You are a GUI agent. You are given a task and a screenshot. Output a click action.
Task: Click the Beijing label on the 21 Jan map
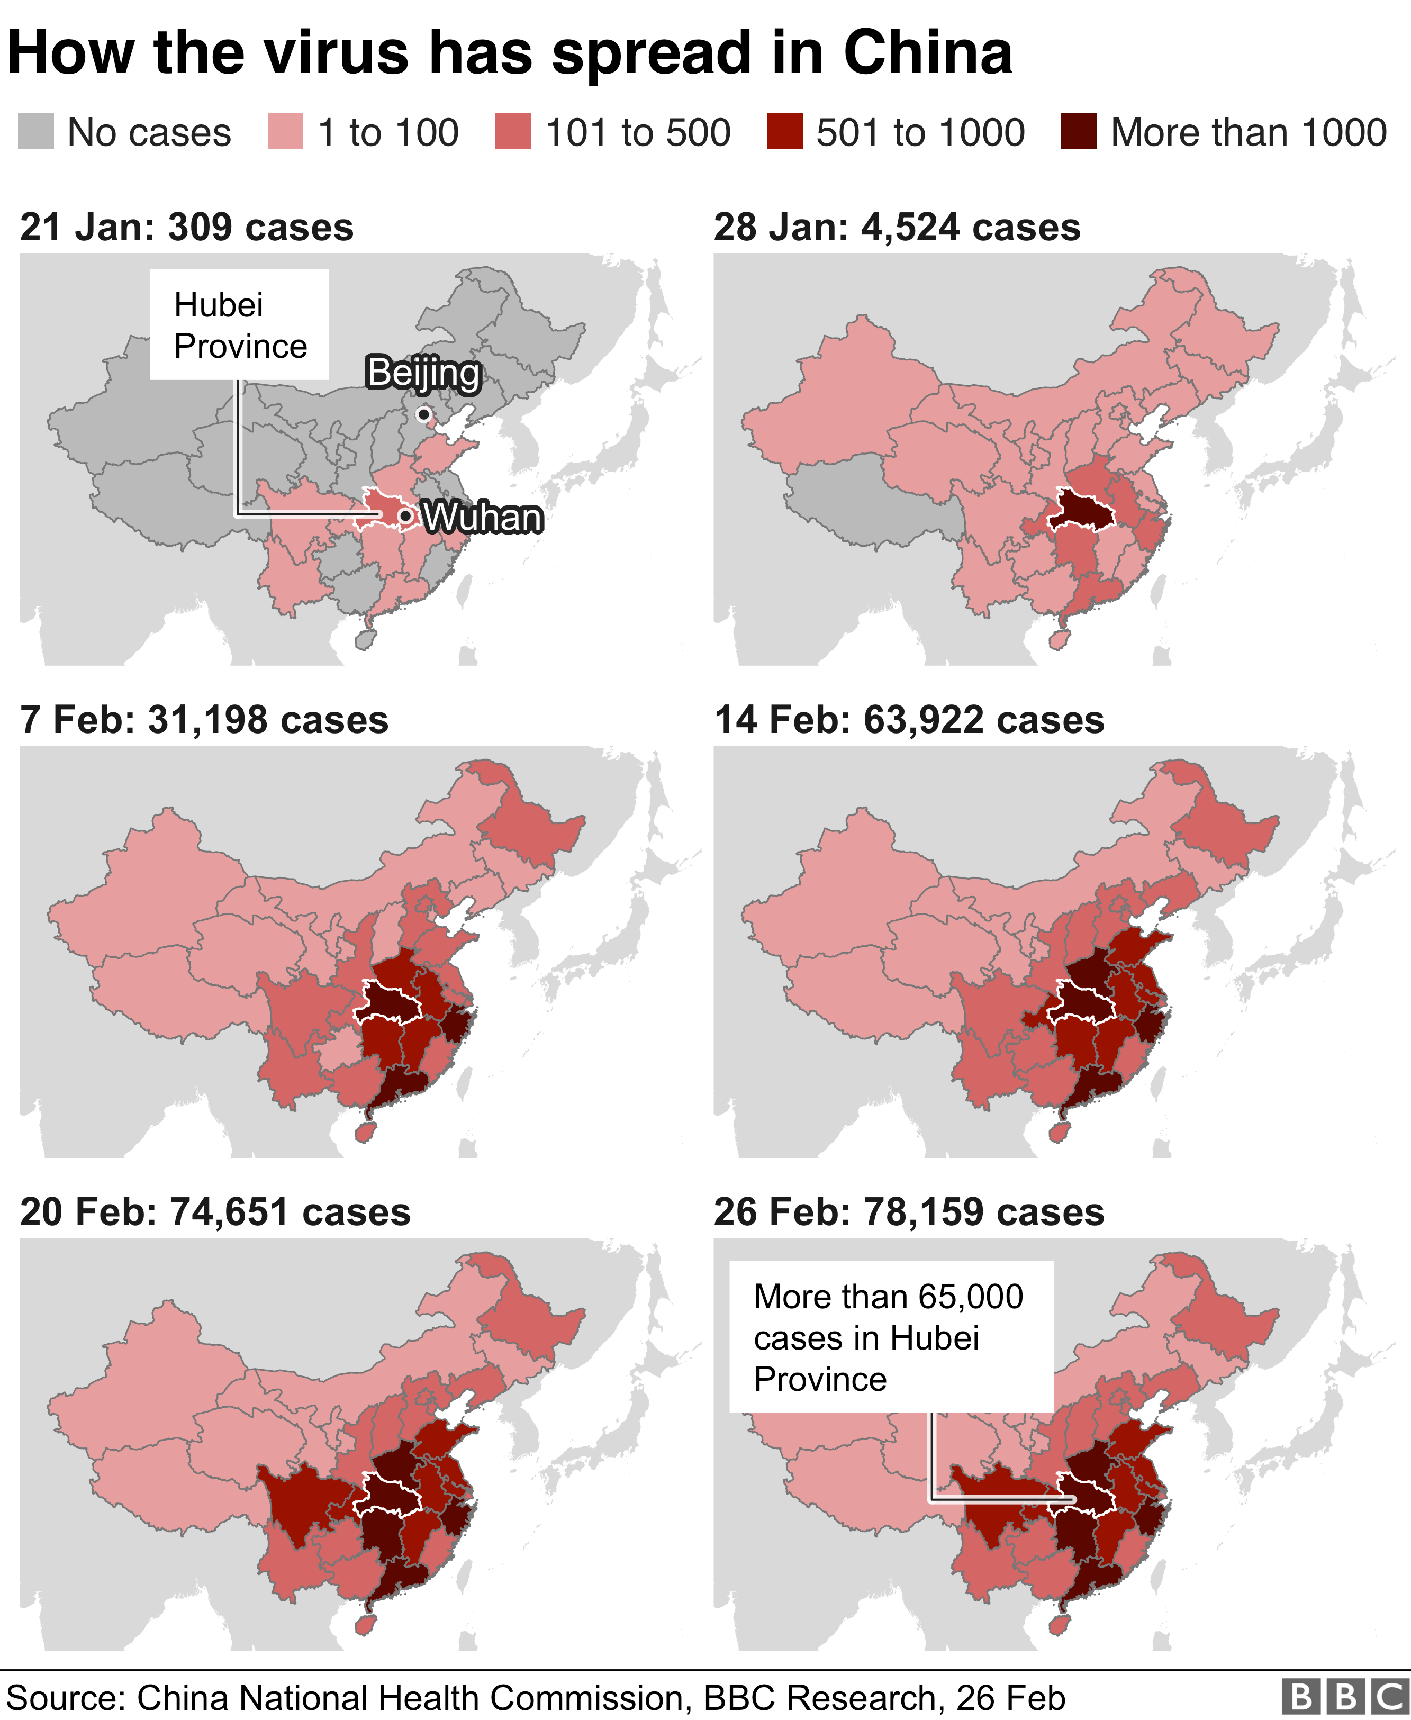(x=423, y=373)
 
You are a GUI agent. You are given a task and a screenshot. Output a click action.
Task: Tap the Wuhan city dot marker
(x=405, y=515)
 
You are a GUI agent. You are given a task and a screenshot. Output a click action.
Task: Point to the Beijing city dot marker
(x=423, y=414)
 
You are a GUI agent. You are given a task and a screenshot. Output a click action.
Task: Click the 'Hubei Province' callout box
(x=239, y=325)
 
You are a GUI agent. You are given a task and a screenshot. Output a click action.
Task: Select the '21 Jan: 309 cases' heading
(x=187, y=228)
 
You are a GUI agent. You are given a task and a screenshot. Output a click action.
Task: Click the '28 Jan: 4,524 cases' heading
(x=897, y=228)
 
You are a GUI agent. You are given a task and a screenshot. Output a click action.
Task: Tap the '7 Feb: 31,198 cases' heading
(x=204, y=720)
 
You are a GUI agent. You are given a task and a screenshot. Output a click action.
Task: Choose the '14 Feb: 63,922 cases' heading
(x=909, y=720)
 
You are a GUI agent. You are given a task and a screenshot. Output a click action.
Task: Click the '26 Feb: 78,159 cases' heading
(x=909, y=1212)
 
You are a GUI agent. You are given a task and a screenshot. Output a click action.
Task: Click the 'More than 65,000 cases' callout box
(x=890, y=1337)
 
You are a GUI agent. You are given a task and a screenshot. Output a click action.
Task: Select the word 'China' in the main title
(x=927, y=53)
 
